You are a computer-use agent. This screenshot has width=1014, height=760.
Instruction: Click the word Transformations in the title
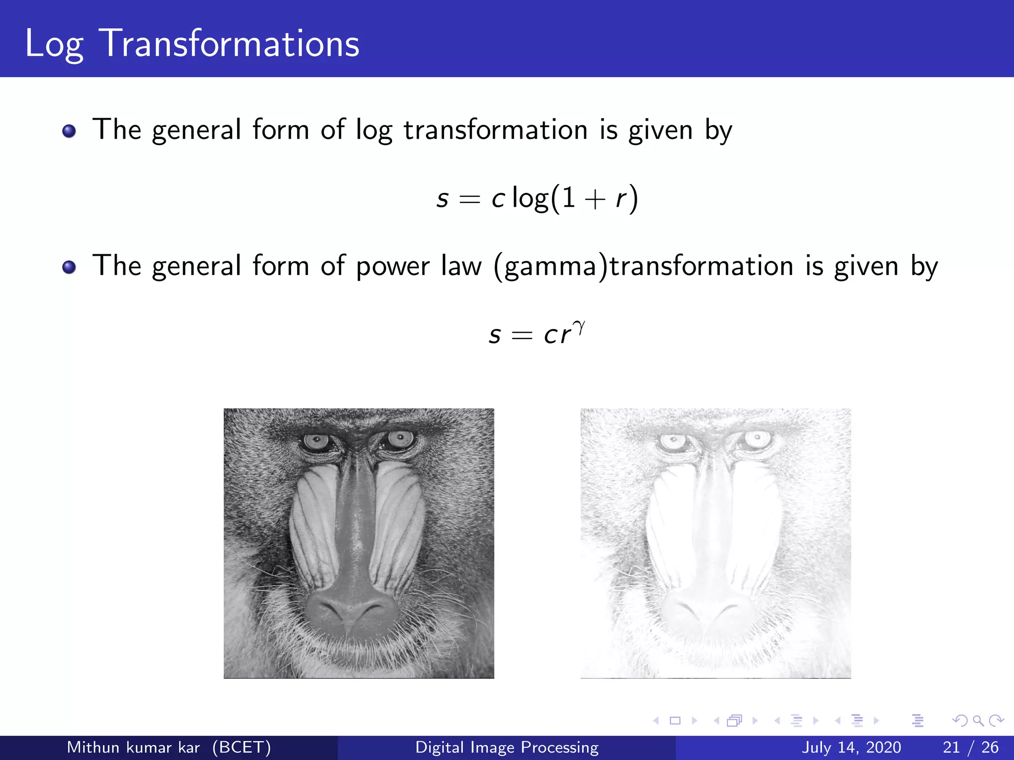point(229,44)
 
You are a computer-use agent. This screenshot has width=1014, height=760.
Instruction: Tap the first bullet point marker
point(69,131)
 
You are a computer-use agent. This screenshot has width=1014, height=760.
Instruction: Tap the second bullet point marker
point(69,267)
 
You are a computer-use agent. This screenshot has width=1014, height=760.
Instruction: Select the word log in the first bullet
point(374,131)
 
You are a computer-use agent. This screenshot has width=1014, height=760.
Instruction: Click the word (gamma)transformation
point(644,267)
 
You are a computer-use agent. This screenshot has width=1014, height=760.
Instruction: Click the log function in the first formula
point(530,199)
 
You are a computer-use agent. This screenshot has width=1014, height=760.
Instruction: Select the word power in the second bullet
point(393,267)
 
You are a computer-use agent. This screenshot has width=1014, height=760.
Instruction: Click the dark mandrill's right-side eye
point(400,438)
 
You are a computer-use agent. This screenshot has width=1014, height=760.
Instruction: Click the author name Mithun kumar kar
point(133,747)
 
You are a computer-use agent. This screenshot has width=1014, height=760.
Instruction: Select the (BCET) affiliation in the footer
point(242,747)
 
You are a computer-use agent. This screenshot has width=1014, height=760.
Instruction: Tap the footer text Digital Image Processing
point(507,747)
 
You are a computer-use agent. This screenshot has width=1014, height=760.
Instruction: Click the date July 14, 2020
point(851,747)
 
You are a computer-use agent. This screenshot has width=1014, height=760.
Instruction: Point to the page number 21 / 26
point(970,747)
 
